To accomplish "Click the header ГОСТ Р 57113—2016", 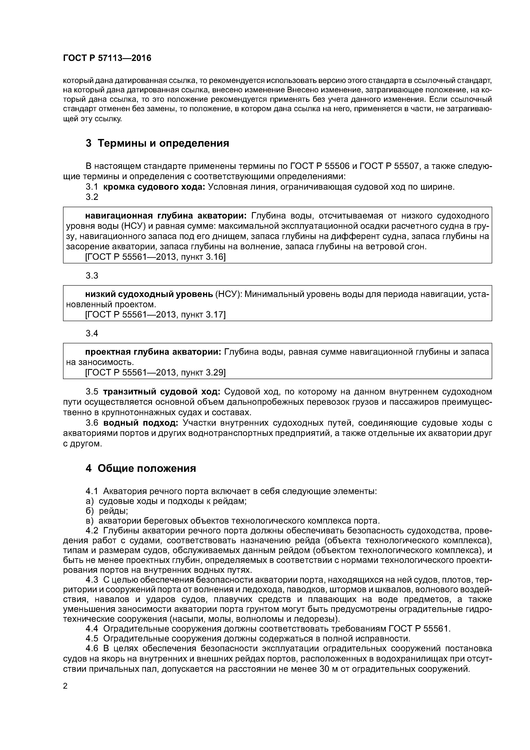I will tap(107, 58).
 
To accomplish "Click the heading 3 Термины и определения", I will tap(158, 143).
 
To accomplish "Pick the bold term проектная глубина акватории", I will tap(153, 352).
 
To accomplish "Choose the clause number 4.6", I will tap(91, 648).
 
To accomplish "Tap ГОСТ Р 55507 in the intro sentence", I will tap(389, 166).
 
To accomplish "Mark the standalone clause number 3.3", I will tap(92, 276).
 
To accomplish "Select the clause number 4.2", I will tap(91, 530).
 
